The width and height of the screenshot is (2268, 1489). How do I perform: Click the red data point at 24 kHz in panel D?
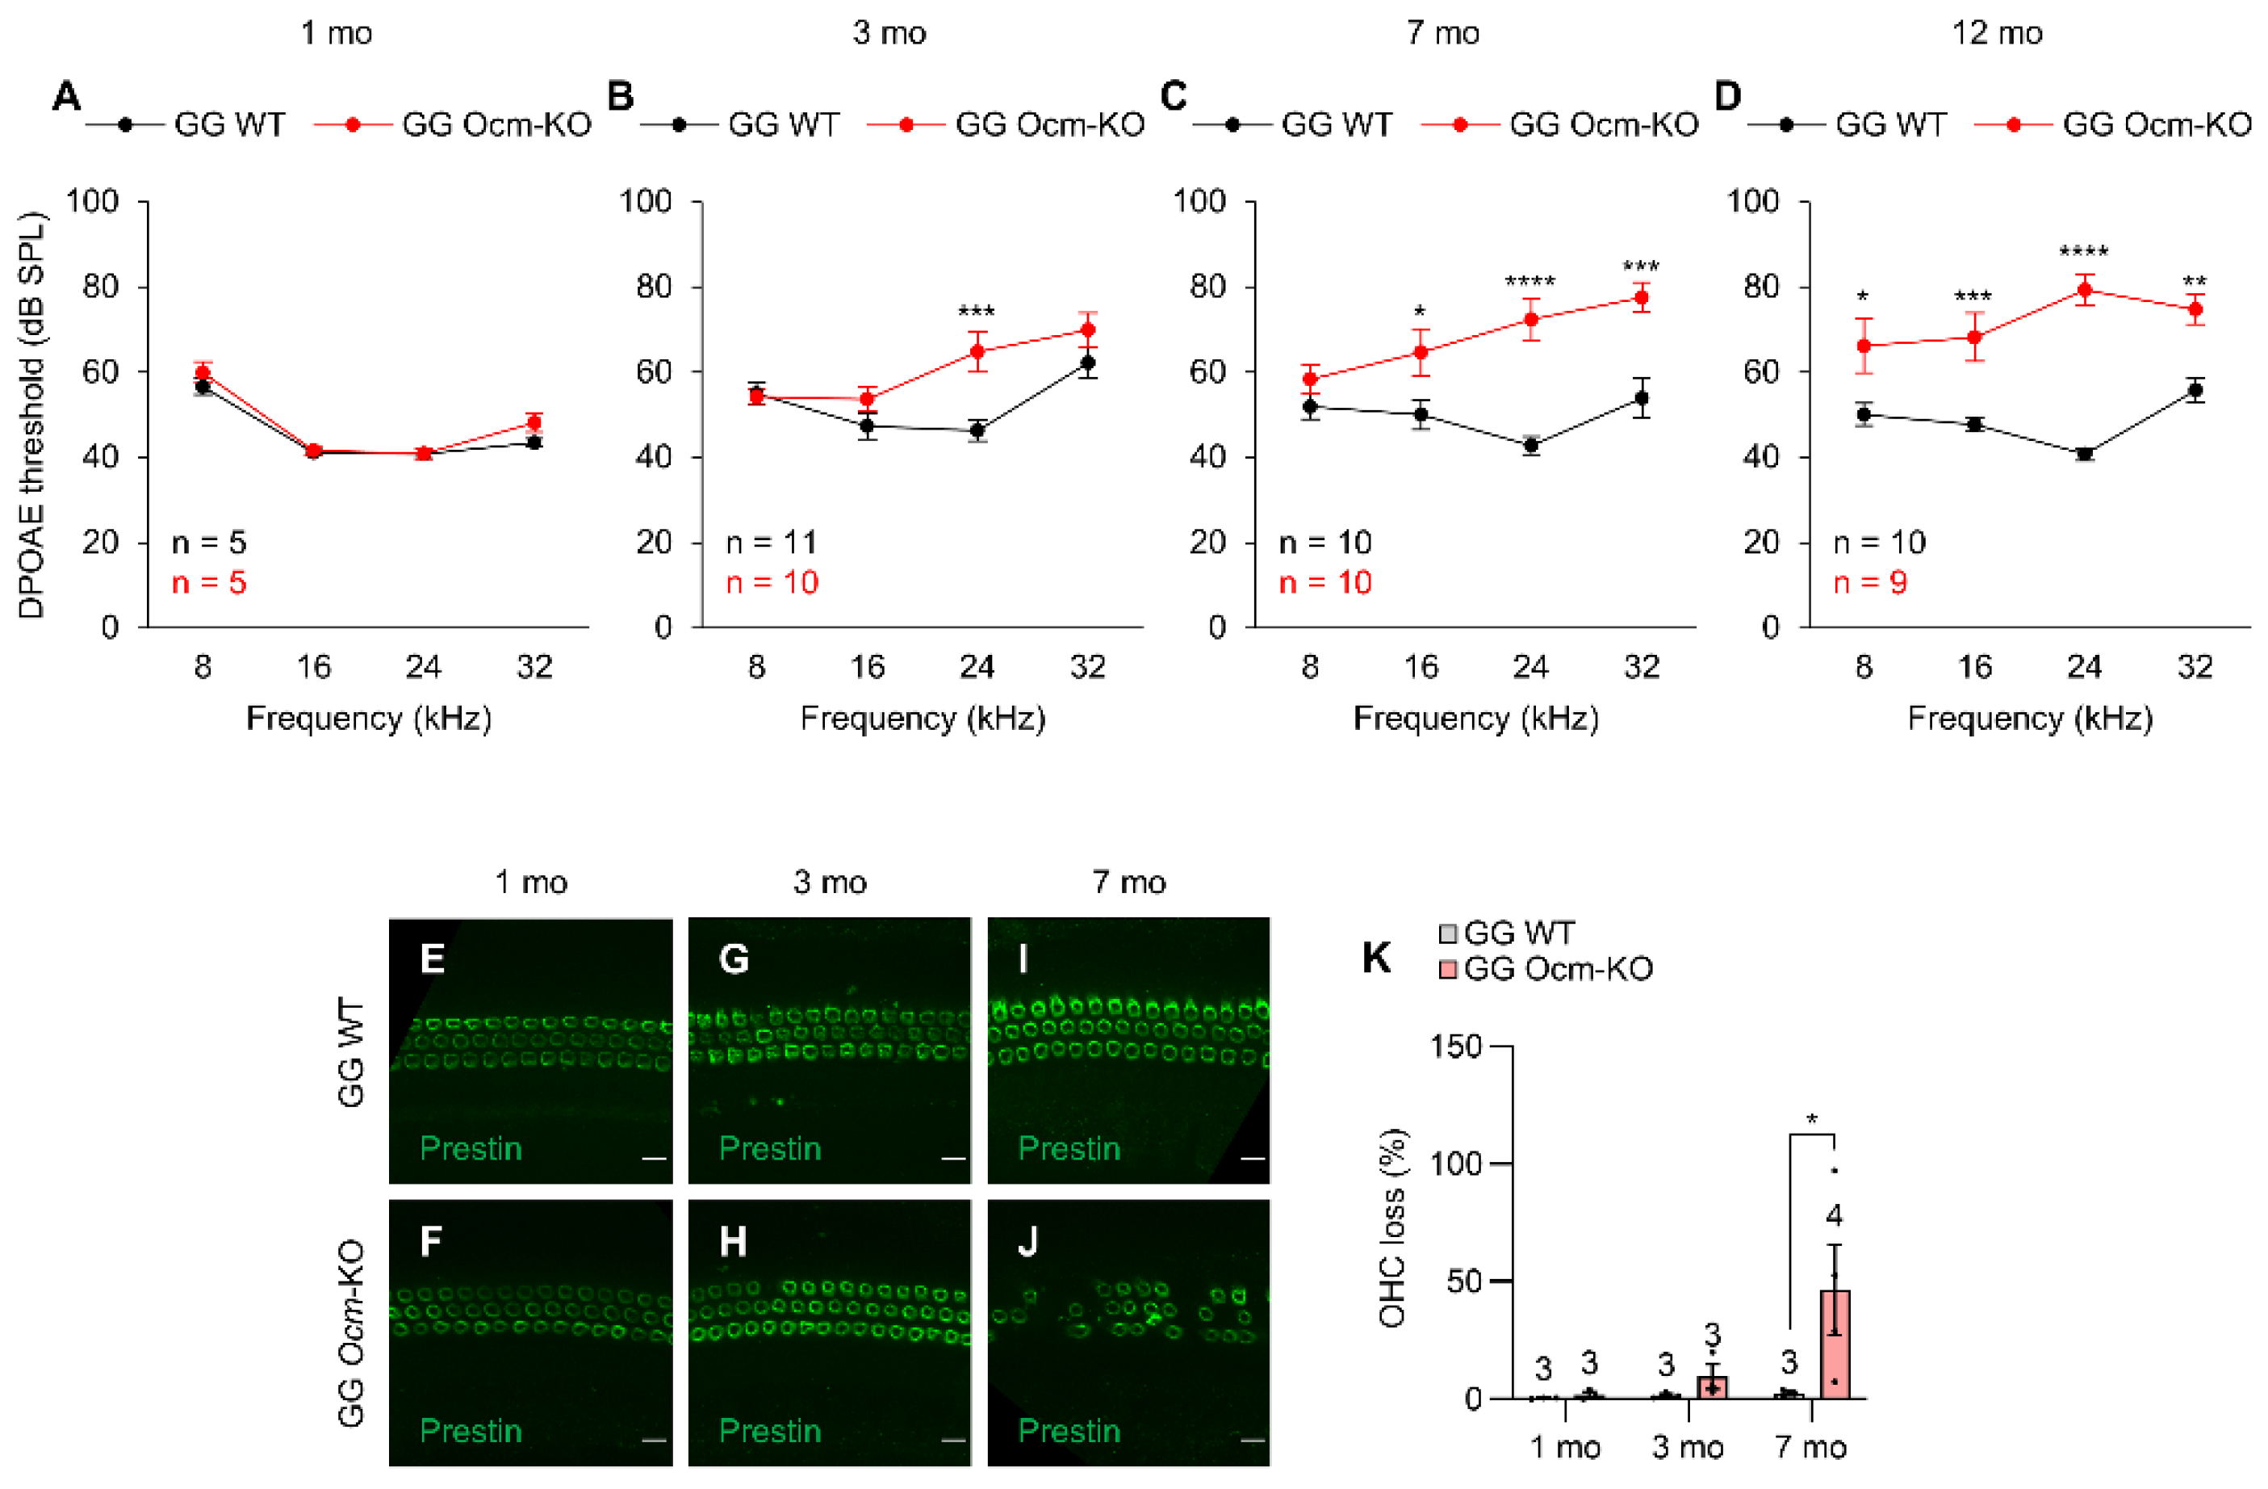(2084, 290)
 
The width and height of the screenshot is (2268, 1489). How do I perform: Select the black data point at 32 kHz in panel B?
(1087, 363)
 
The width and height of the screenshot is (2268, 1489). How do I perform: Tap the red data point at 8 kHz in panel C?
(1310, 380)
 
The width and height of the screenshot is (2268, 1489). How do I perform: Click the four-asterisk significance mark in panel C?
(1529, 282)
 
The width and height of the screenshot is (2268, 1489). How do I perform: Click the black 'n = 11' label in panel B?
(771, 543)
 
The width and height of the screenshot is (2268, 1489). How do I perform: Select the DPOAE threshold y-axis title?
(31, 415)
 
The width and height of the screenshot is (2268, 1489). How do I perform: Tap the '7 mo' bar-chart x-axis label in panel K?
(1810, 1447)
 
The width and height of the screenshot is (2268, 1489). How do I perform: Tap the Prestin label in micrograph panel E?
(471, 1149)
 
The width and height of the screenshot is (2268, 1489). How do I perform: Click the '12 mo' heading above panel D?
(1997, 33)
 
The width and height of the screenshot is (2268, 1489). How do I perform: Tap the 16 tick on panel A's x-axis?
(313, 666)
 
